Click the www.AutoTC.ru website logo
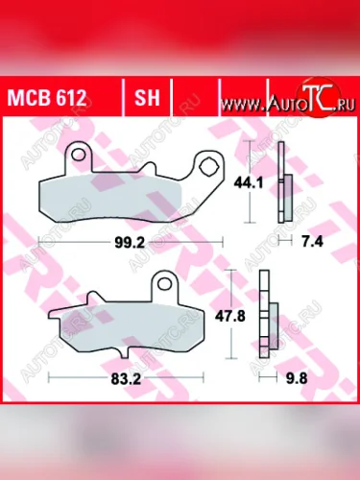pyautogui.click(x=287, y=101)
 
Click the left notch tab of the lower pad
pyautogui.click(x=56, y=316)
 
